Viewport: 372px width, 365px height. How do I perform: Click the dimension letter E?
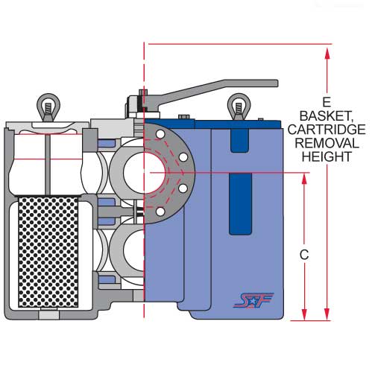pyautogui.click(x=327, y=102)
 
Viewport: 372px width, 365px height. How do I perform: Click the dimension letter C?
pyautogui.click(x=304, y=255)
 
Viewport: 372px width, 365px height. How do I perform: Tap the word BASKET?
pyautogui.click(x=327, y=116)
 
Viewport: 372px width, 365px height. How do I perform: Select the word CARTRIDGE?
pyautogui.click(x=327, y=130)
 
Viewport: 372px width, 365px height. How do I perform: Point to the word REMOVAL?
pyautogui.click(x=327, y=143)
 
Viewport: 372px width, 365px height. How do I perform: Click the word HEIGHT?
pyautogui.click(x=327, y=156)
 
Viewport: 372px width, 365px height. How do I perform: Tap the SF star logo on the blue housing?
pyautogui.click(x=253, y=300)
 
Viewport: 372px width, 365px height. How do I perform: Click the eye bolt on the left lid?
pyautogui.click(x=48, y=107)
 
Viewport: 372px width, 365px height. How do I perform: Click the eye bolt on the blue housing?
pyautogui.click(x=239, y=107)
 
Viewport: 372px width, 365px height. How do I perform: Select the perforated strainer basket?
pyautogui.click(x=48, y=252)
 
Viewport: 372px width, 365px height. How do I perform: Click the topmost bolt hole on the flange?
pyautogui.click(x=160, y=135)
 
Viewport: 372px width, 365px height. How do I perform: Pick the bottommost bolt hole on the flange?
pyautogui.click(x=160, y=212)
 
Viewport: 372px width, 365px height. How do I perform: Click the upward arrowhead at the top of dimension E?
pyautogui.click(x=327, y=53)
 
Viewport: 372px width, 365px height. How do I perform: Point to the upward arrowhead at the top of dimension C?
pyautogui.click(x=304, y=179)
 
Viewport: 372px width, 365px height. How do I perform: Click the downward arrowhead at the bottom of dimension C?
pyautogui.click(x=304, y=314)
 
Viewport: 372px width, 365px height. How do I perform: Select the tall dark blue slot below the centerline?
pyautogui.click(x=240, y=203)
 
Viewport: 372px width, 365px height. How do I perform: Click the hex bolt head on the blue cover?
pyautogui.click(x=184, y=117)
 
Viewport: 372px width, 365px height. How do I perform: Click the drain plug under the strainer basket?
pyautogui.click(x=49, y=315)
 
